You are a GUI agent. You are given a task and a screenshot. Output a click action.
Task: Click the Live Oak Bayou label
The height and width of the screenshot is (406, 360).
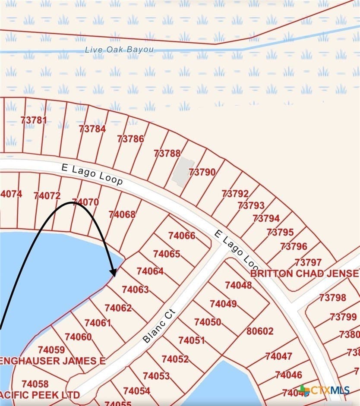tap(119, 50)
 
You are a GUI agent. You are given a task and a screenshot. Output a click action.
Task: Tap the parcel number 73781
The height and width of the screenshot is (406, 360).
tap(33, 120)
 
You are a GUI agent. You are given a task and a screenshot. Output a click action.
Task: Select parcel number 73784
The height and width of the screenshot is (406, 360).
tap(92, 128)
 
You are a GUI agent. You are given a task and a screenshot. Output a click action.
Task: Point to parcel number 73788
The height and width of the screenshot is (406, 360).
tap(167, 153)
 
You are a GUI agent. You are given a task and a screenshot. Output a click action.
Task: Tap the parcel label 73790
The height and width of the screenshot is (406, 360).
tap(202, 172)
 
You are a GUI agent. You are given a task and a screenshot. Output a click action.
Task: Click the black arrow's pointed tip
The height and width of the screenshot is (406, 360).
tap(114, 275)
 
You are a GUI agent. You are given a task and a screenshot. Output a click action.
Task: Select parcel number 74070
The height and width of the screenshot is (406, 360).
tap(85, 201)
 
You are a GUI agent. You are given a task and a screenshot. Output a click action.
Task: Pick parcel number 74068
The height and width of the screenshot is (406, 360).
tap(122, 214)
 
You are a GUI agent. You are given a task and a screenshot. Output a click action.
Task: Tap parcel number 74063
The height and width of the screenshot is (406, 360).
tap(135, 290)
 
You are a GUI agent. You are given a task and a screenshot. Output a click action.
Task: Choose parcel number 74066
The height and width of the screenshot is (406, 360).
tap(182, 236)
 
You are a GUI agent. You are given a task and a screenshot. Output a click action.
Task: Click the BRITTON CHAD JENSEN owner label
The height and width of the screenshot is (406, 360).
tap(305, 273)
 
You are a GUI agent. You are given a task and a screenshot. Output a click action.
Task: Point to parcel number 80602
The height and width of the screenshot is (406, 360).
tap(260, 331)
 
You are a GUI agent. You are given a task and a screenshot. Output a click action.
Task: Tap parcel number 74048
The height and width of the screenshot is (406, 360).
tap(238, 285)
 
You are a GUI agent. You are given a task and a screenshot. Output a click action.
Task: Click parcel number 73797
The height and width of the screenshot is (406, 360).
tap(308, 262)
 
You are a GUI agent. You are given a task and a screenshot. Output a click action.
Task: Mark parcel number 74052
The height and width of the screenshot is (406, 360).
tap(175, 359)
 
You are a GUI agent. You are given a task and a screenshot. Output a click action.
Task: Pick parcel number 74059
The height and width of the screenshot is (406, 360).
tap(51, 349)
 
